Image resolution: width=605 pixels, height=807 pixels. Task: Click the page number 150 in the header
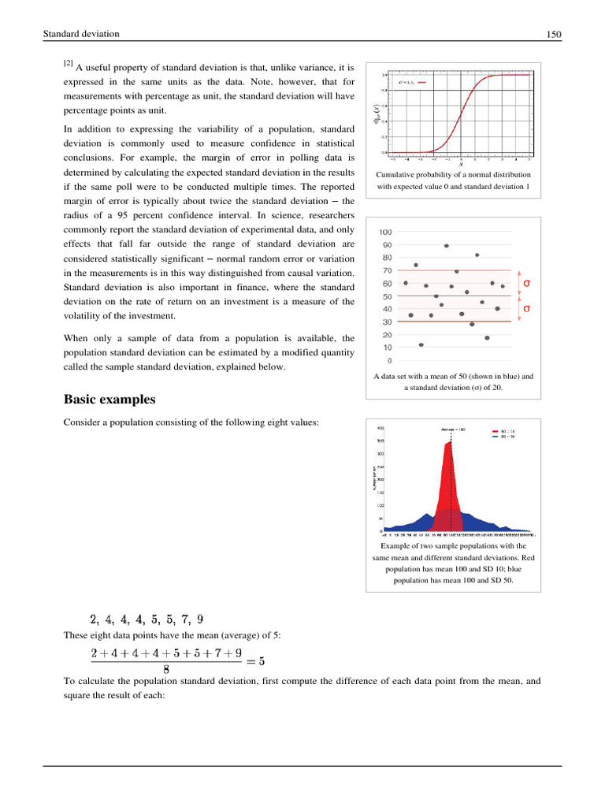pos(553,35)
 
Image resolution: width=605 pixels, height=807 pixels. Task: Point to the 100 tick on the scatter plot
pos(386,232)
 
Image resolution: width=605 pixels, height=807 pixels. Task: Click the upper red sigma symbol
pos(526,282)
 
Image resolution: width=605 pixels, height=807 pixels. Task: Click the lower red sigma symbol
pos(526,309)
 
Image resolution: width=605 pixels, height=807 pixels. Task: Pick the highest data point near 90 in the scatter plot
pos(447,246)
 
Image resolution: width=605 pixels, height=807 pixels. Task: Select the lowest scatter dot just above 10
pos(421,344)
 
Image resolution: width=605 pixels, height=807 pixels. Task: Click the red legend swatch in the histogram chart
pos(495,432)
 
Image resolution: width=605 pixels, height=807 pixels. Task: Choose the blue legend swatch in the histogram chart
pos(495,437)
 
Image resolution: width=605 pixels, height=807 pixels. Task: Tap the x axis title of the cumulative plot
pos(461,164)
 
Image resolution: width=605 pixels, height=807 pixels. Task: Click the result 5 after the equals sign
pos(261,661)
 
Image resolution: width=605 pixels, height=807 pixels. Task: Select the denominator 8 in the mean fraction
pos(166,670)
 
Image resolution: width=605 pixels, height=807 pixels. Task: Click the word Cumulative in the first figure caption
pos(398,175)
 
